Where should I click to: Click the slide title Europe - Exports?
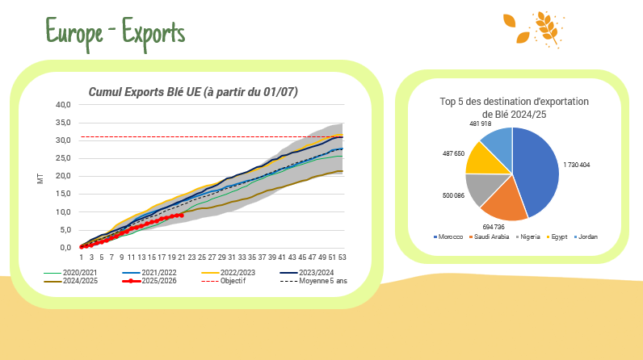pos(116,32)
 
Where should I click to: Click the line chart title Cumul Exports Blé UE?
pos(193,93)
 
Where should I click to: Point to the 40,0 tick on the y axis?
pos(63,105)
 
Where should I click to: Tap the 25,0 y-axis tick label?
pos(63,158)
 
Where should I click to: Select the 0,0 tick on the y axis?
pos(65,247)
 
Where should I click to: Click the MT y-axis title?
pos(40,177)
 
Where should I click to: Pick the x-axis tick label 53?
pos(343,257)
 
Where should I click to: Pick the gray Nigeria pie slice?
pos(481,187)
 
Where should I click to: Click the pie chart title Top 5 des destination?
pos(514,107)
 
